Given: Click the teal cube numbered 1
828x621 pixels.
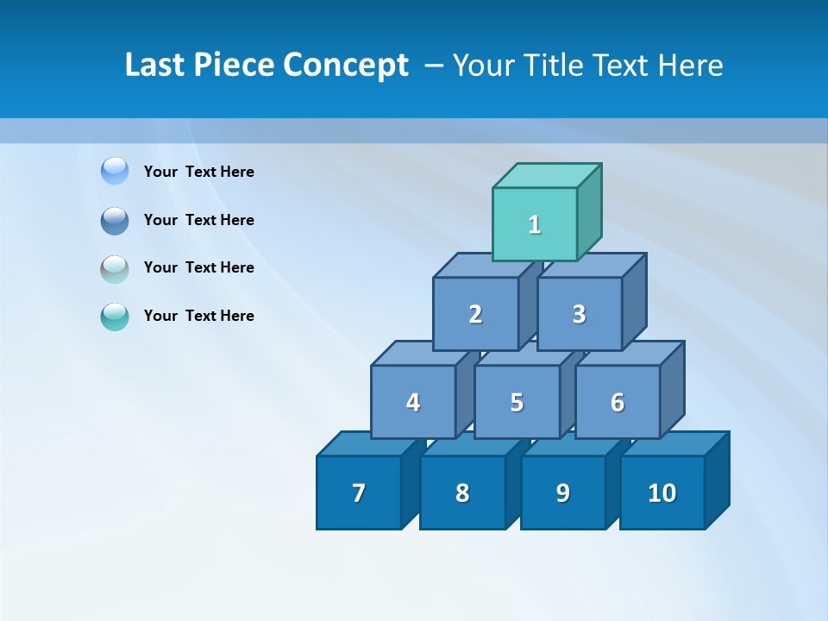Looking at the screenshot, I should [535, 224].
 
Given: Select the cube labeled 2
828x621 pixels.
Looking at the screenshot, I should [475, 314].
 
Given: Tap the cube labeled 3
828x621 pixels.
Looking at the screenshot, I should [579, 314].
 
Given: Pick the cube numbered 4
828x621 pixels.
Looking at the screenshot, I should [413, 402].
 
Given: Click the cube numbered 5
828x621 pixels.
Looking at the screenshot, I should [517, 402].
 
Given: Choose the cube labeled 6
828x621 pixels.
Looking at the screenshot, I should [618, 402].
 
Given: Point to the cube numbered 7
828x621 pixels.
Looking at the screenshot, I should [359, 492].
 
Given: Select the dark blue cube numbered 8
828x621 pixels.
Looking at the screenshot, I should [462, 492].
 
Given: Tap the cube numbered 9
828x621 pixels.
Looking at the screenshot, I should [563, 492].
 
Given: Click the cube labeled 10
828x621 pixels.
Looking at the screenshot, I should [662, 492].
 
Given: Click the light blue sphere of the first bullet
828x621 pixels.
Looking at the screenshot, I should [115, 171].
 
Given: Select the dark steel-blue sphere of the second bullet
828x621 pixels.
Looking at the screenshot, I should [115, 220].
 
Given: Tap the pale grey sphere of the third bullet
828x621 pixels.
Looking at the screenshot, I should [115, 268].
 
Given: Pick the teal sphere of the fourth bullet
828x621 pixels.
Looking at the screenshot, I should [115, 317].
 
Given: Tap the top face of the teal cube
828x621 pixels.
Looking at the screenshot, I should [547, 176].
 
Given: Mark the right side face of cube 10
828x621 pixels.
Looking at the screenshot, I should [717, 480].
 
